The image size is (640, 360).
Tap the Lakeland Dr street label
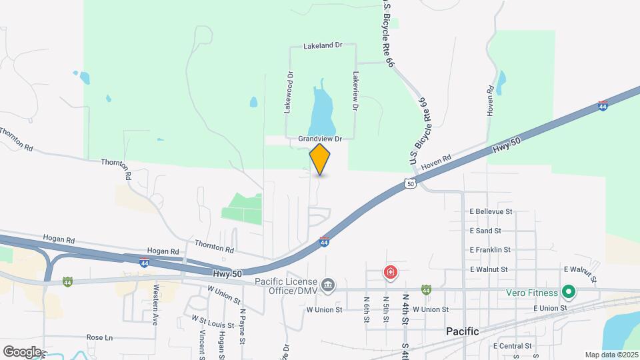[x=322, y=46]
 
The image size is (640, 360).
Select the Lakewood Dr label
[x=289, y=93]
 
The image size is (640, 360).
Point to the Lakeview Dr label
[x=355, y=91]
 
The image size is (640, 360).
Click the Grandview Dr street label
[x=320, y=139]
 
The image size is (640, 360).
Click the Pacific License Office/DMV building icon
[x=328, y=285]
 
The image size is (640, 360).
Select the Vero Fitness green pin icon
[x=568, y=291]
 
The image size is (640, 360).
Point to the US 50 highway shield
[x=410, y=183]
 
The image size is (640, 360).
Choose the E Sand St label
[x=485, y=231]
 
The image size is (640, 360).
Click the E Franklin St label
[x=489, y=250]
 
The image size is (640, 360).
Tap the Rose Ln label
[x=99, y=337]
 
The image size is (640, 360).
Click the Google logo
[x=22, y=351]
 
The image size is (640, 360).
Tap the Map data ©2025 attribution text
[x=610, y=355]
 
